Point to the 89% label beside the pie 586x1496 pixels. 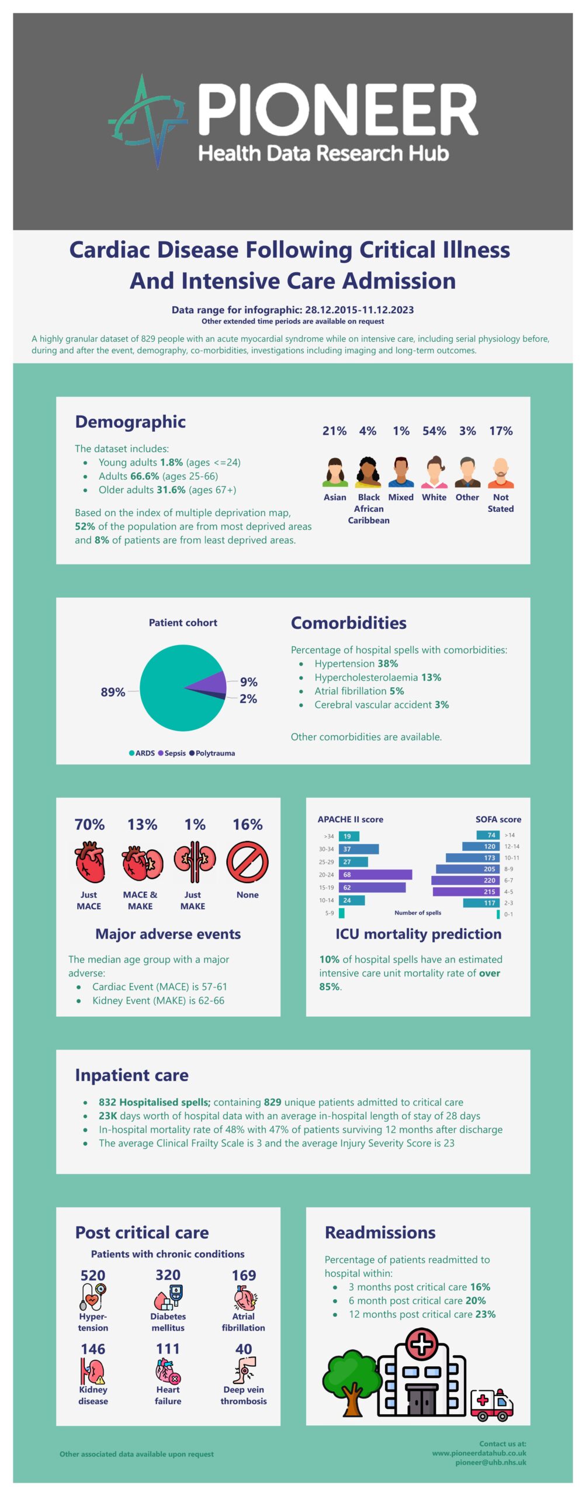point(113,692)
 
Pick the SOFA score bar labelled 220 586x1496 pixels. point(465,880)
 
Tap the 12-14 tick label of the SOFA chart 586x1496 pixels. point(512,846)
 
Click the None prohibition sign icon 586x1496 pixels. point(247,862)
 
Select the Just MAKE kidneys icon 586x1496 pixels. point(195,861)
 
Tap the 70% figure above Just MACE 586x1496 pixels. point(89,825)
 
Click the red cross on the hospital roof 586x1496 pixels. point(422,1343)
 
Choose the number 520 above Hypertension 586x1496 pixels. point(93,1275)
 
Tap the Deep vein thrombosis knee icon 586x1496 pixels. point(244,1371)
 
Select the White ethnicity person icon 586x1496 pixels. point(434,472)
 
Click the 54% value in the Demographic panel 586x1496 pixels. point(434,431)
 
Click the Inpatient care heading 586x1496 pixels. point(131,1075)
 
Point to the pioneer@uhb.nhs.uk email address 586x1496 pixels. point(491,1462)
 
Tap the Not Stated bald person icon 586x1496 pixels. point(501,472)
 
